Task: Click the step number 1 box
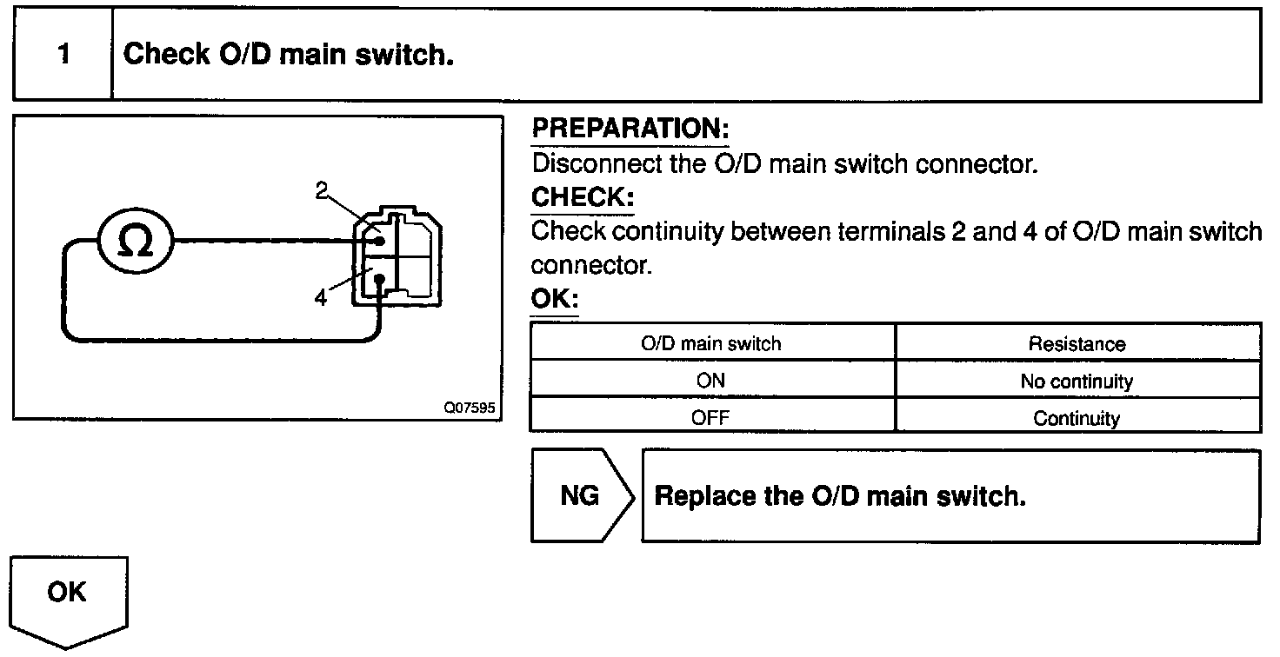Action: (x=63, y=55)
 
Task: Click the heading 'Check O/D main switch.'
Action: (x=289, y=55)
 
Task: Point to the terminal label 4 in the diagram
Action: (x=322, y=298)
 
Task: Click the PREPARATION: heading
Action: (x=630, y=129)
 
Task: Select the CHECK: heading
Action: (x=582, y=197)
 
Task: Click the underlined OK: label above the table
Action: (x=554, y=300)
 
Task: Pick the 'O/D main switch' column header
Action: (x=711, y=343)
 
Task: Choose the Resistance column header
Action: (x=1077, y=343)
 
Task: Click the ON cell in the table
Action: (x=711, y=381)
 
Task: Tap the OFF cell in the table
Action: (x=711, y=418)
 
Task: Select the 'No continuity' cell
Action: (x=1077, y=381)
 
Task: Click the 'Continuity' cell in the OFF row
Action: (x=1077, y=418)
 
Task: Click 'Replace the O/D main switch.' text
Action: (x=840, y=497)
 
